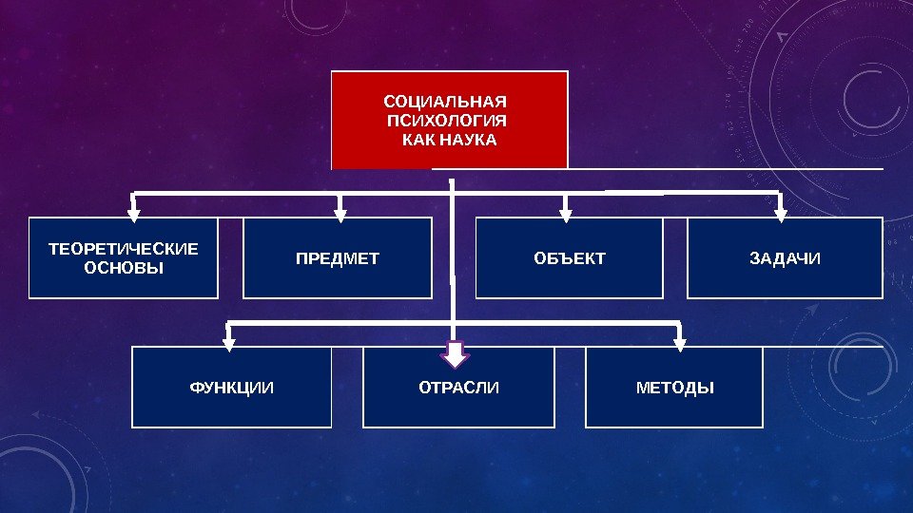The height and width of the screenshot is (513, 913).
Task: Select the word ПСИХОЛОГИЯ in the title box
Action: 448,121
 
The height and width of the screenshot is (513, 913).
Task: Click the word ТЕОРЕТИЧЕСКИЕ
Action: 124,249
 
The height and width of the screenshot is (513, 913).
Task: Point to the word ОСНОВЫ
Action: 124,268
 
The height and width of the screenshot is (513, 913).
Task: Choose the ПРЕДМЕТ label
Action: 338,258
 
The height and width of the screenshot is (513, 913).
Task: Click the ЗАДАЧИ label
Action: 785,258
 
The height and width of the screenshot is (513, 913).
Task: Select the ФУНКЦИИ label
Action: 232,388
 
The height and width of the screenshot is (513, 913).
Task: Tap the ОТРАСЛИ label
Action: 458,388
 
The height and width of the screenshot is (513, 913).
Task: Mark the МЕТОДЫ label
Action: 674,388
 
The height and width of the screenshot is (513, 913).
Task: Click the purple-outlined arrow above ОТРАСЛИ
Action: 456,353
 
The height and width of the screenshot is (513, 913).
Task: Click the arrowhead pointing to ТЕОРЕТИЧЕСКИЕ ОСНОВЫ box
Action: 134,213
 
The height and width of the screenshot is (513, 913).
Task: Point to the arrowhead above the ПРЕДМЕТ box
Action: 340,213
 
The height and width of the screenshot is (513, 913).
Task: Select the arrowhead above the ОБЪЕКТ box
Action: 566,213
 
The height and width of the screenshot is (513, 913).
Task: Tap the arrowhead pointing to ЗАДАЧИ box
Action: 781,213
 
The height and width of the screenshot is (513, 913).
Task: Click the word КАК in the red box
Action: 419,140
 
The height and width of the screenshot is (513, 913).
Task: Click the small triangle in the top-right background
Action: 782,37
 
